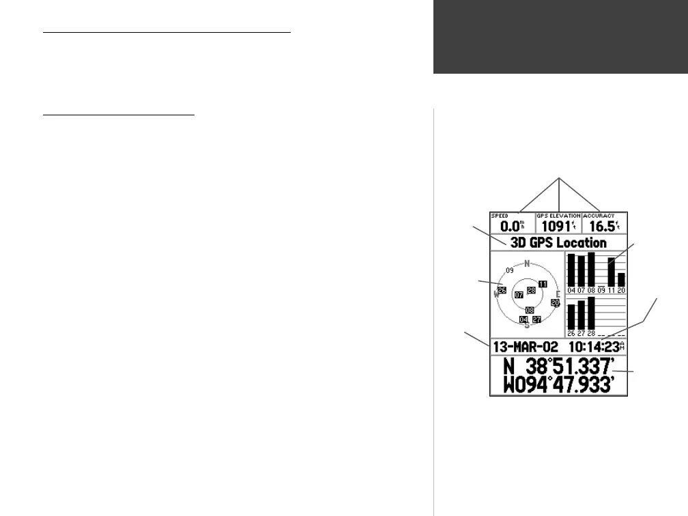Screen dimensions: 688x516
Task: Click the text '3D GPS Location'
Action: [556, 242]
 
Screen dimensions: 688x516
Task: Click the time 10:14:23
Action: [594, 347]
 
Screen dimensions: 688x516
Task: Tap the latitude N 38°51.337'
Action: [557, 367]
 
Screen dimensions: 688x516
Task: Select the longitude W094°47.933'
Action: [557, 386]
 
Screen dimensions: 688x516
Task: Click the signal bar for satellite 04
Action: [571, 270]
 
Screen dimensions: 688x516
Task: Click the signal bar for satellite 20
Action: [621, 280]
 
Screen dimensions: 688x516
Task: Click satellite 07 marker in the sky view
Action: [519, 295]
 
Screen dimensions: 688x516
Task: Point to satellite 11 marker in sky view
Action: [543, 283]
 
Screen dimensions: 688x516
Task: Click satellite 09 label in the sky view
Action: [509, 271]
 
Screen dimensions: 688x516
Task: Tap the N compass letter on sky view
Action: [527, 263]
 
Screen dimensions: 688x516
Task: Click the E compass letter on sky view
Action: [558, 294]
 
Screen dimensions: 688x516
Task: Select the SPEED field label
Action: [500, 216]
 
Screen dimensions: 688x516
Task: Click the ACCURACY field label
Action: [599, 216]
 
